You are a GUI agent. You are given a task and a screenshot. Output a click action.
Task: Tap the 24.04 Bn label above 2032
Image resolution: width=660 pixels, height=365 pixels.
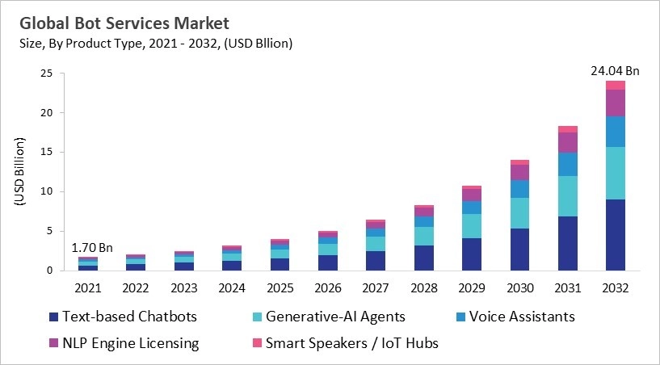tap(615, 71)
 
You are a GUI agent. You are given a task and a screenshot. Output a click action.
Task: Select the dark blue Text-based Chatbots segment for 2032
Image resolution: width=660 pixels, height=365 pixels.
tap(615, 235)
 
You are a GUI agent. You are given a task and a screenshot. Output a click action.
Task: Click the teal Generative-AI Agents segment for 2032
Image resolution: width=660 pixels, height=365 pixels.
tap(615, 173)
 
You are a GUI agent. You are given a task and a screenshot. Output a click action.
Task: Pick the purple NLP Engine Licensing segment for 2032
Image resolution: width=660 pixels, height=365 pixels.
tap(615, 103)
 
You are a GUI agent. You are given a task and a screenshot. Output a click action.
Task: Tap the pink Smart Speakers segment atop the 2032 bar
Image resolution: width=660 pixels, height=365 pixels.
tap(615, 85)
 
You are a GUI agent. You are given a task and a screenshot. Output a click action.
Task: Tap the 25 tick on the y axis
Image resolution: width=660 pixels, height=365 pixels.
tap(46, 73)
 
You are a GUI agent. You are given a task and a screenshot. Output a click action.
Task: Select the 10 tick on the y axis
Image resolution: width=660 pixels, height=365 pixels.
tap(46, 191)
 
